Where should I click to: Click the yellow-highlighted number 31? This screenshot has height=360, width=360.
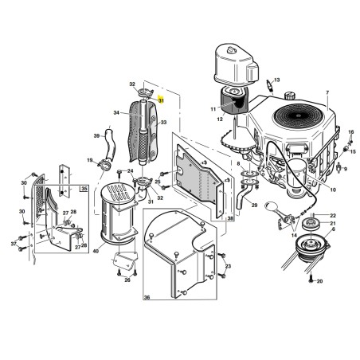pos(161,100)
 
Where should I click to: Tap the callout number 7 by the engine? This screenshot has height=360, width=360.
pos(327,92)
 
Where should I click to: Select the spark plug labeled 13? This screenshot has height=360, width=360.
pos(271,85)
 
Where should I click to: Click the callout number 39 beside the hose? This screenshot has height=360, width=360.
pos(96,136)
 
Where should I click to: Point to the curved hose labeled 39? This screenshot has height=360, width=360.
pos(110,144)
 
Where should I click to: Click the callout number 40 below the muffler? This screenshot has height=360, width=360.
pos(96,251)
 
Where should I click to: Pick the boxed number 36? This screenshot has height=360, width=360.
pos(147,297)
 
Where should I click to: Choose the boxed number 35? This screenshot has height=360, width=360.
pos(84,189)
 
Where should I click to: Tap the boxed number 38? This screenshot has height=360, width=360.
pos(230,218)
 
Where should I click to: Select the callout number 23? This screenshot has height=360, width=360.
pos(228,266)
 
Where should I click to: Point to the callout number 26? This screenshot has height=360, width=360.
pos(127,280)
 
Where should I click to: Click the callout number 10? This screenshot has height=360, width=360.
pos(333,190)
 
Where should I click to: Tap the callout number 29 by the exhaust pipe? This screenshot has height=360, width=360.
pos(254,205)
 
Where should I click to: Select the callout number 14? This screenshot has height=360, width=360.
pos(294,235)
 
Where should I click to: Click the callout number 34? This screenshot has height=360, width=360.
pos(116,113)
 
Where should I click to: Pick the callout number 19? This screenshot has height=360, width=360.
pos(90,160)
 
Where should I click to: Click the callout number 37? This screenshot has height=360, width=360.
pos(14,244)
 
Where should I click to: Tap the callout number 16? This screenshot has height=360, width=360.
pos(351,132)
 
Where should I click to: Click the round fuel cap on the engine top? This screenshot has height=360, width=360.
pos(289,95)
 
